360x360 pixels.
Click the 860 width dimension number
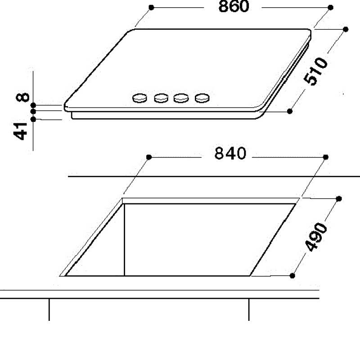[234, 6]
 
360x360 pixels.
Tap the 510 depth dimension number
[315, 72]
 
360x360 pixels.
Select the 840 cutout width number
[230, 153]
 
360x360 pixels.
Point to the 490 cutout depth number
[316, 237]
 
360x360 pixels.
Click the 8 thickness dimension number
[23, 97]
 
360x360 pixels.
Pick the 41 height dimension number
[20, 131]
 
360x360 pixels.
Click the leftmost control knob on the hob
[139, 98]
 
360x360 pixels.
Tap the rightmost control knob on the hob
[202, 98]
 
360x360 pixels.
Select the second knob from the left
[161, 98]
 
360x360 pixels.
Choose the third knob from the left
[181, 98]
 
